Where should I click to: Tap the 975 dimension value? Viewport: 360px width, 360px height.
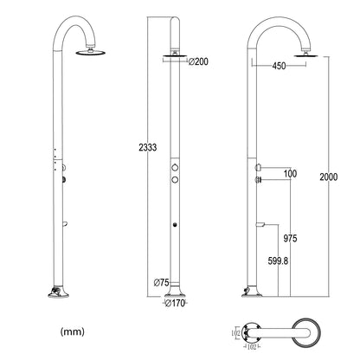click(x=290, y=236)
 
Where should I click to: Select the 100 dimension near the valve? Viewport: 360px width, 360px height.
click(x=289, y=174)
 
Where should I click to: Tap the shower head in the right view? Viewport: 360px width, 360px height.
click(x=301, y=55)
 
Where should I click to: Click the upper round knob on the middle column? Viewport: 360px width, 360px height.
click(x=175, y=164)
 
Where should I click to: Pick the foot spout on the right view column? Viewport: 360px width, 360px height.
click(x=259, y=224)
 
